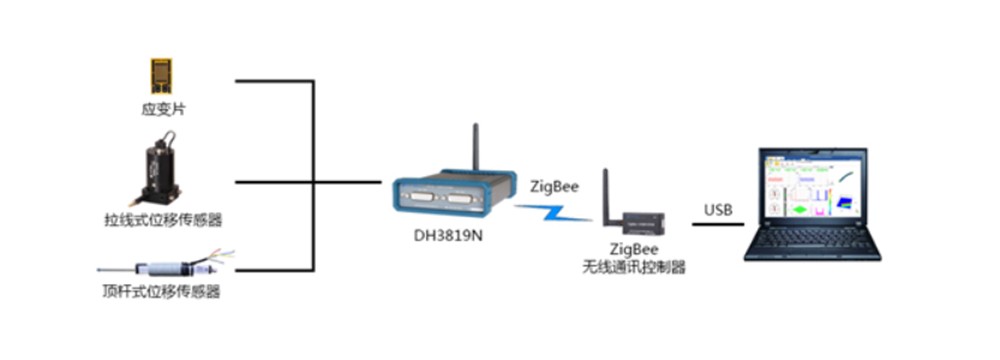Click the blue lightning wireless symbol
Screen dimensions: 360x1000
554,212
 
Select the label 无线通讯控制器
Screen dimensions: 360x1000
633,267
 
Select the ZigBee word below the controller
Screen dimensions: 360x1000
633,250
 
